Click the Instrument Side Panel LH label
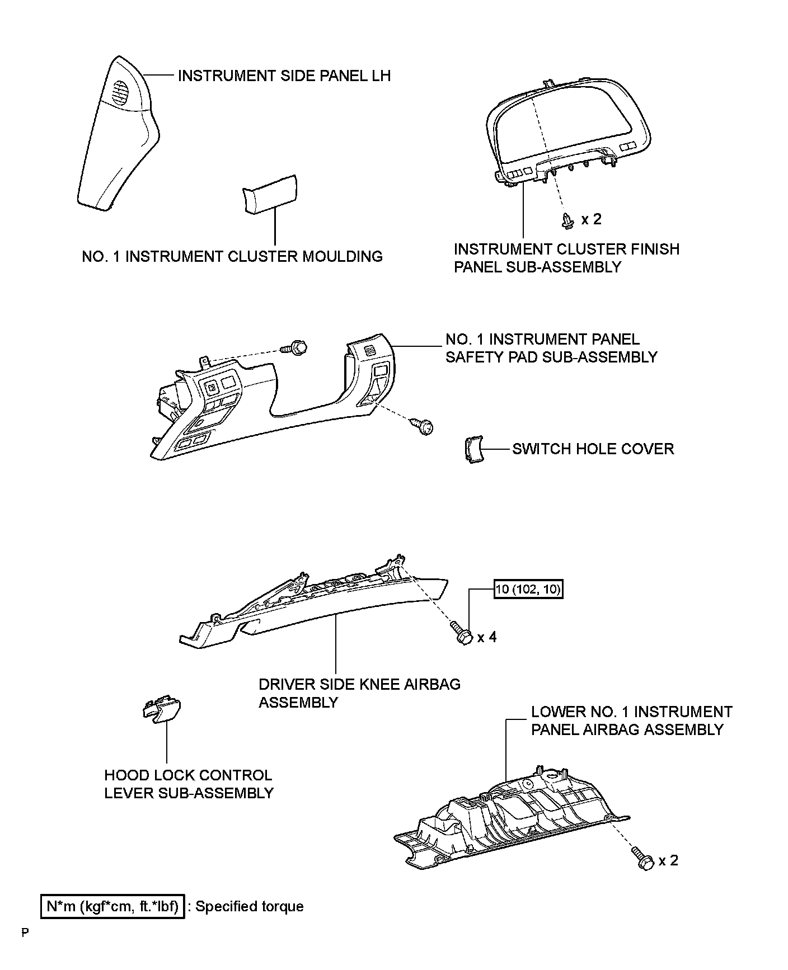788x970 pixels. point(284,76)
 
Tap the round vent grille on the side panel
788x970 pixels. point(120,93)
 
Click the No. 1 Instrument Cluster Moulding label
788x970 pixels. point(232,257)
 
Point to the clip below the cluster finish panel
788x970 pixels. point(567,222)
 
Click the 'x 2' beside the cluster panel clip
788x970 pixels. point(591,219)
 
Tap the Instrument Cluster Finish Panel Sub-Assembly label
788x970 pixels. point(566,258)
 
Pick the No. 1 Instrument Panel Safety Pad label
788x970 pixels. point(551,348)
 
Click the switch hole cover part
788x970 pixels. point(473,451)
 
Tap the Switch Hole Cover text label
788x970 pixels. point(593,449)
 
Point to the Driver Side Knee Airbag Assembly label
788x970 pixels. point(359,693)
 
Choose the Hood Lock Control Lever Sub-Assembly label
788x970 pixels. point(189,784)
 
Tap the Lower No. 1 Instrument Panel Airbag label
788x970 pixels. point(631,721)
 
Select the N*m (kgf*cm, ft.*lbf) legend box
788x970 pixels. point(112,907)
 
